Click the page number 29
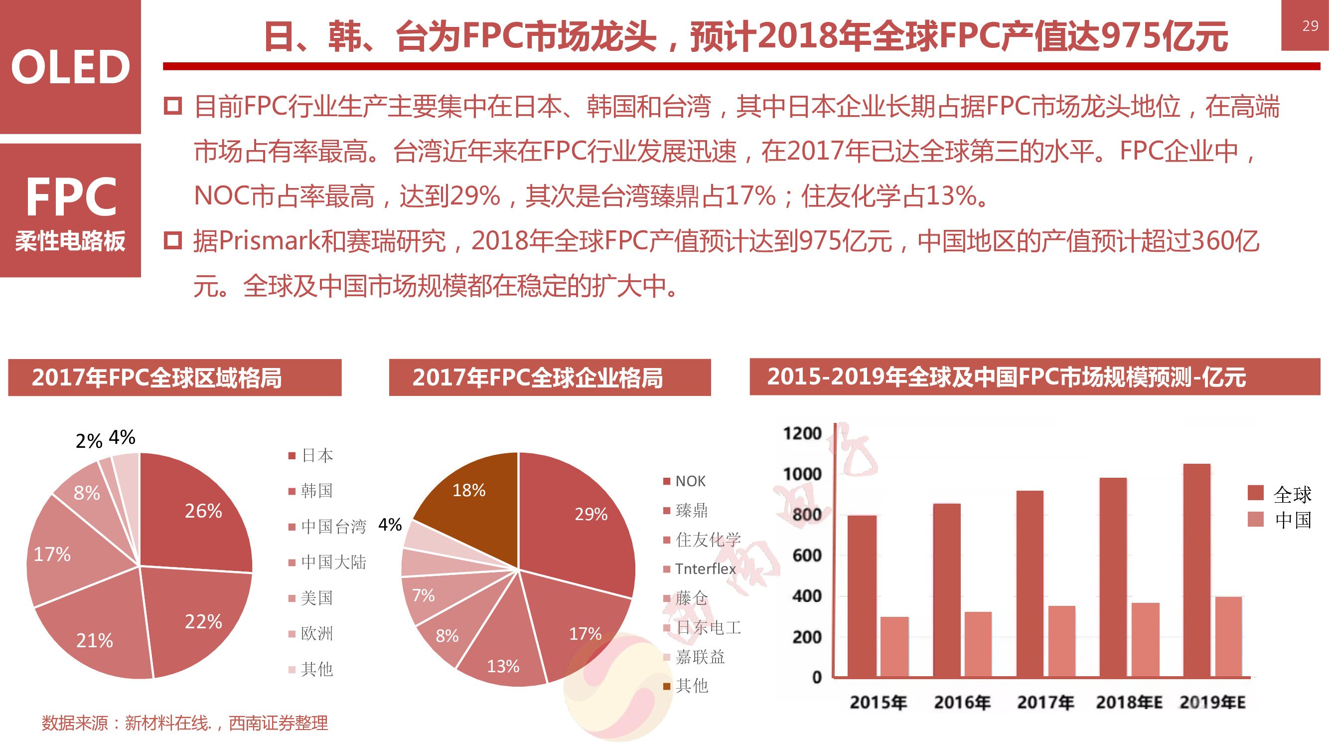coord(1310,25)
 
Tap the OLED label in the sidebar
coord(70,67)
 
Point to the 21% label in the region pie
coord(94,641)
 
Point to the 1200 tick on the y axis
coord(802,434)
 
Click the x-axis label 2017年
coord(1046,703)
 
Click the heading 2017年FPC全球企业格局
coord(538,377)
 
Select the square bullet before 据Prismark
coord(173,240)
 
